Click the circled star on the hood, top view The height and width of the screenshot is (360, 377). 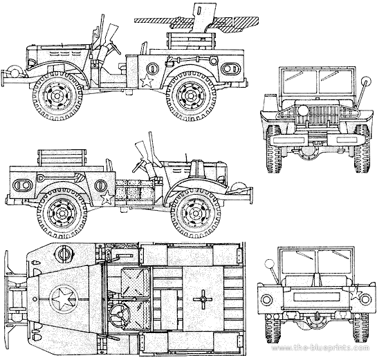point(64,299)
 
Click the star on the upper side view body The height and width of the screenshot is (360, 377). point(147,81)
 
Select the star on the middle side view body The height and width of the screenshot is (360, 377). point(107,198)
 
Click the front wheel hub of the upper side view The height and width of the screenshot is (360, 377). point(57,96)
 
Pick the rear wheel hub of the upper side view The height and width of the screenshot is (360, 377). point(190,96)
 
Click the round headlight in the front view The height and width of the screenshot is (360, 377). point(303,111)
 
